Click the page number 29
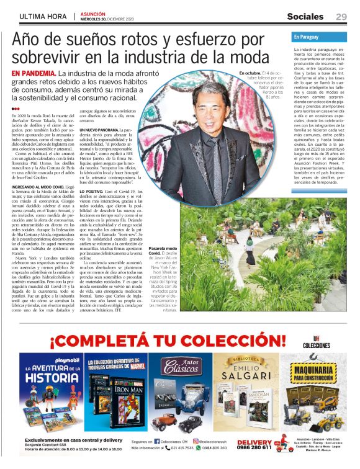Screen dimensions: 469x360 pyautogui.click(x=341, y=17)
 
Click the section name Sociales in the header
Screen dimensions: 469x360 pyautogui.click(x=309, y=17)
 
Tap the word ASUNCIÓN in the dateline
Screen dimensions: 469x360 pyautogui.click(x=91, y=14)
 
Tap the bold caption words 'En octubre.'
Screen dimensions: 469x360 pyautogui.click(x=250, y=73)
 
